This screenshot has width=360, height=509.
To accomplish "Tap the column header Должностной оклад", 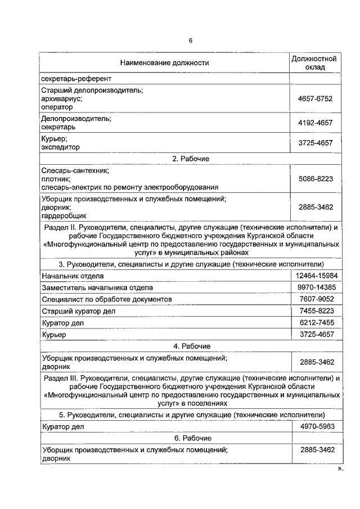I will coord(315,63).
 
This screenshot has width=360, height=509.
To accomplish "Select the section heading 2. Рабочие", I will coord(191,159).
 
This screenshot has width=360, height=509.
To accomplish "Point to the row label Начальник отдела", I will coord(73,276).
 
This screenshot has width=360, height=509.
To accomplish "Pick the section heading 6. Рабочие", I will coord(191,438).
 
